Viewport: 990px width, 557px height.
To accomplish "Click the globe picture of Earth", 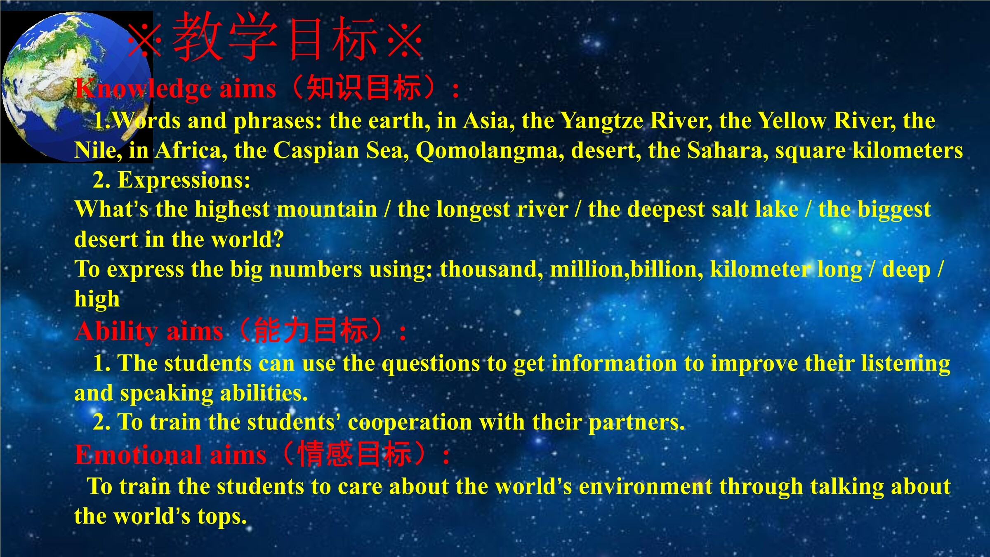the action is click(76, 87).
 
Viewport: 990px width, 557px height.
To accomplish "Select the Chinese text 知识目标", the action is click(364, 87).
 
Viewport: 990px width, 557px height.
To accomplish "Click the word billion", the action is click(667, 269).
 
